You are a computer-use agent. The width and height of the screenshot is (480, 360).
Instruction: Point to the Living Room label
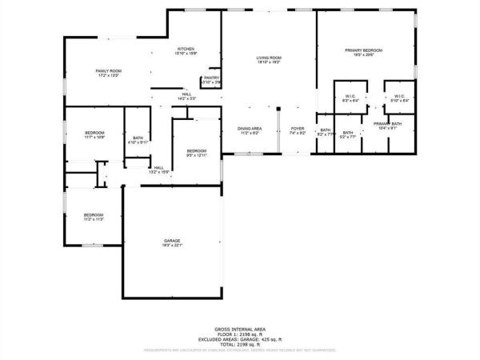coord(269,58)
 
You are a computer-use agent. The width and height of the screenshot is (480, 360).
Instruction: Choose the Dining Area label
coord(250,130)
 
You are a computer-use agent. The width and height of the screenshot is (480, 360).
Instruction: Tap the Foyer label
coord(298,130)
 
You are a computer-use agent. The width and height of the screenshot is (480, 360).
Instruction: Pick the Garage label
coord(172,242)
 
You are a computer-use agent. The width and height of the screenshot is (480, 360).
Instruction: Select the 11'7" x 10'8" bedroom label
coord(94,134)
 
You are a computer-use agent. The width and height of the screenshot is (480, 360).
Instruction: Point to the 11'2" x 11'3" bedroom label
coord(94,216)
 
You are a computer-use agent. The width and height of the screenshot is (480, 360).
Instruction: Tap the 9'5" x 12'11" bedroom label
coord(197,152)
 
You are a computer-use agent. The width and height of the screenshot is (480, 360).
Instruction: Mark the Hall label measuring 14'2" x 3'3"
coord(186,95)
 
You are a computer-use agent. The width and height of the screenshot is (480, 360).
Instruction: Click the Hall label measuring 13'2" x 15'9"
coord(158,168)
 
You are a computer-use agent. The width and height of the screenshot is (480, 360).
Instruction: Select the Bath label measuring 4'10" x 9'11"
coord(138,140)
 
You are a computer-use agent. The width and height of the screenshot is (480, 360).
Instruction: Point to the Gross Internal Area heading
coord(240,329)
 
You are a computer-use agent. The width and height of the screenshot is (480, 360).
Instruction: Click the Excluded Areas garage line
coord(240,338)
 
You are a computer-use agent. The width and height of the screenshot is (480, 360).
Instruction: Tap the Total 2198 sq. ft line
coord(240,343)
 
